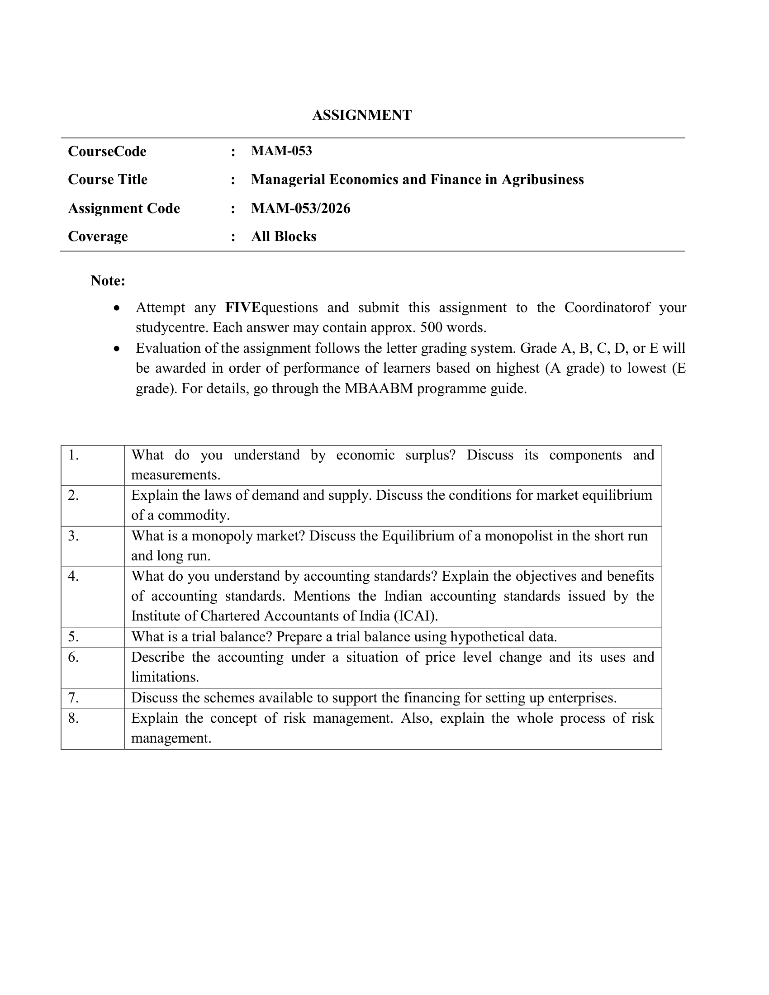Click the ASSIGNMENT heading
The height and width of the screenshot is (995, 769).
(x=362, y=115)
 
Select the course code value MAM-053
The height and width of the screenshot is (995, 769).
(x=281, y=151)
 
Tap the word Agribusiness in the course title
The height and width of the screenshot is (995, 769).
(x=542, y=180)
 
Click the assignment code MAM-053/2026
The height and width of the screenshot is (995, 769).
(x=301, y=208)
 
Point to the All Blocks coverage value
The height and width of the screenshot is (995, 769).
(x=283, y=237)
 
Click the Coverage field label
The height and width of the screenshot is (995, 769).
(x=98, y=237)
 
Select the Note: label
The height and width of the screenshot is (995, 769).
(x=108, y=281)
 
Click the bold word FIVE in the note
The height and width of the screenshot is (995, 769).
(x=242, y=308)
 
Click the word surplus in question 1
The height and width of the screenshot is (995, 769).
(x=430, y=455)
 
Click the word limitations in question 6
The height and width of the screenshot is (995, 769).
(x=165, y=677)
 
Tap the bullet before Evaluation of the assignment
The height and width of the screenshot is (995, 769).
(x=118, y=349)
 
